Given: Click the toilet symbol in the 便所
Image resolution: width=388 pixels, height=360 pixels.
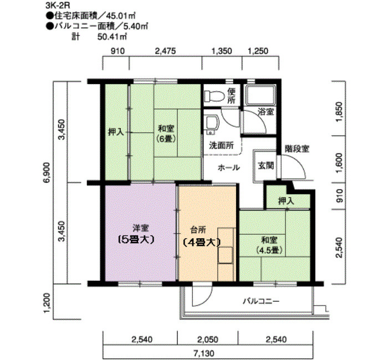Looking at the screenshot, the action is coord(214,96).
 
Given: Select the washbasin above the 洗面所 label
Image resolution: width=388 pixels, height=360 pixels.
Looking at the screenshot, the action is coord(212,124).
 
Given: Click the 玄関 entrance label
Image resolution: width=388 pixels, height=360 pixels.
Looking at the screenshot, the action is coord(266,166).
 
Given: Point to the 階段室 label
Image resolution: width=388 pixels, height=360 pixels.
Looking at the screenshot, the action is coord(297,148).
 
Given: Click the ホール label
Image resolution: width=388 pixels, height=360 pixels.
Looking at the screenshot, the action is coord(228,168).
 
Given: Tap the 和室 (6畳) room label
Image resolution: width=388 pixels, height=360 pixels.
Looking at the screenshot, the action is coord(166,134).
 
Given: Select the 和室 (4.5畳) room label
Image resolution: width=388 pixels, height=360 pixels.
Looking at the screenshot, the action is coord(269,245).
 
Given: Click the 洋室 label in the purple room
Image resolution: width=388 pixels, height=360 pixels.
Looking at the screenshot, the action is coord(141,228).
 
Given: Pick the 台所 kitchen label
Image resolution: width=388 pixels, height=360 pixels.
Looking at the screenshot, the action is coord(198,230).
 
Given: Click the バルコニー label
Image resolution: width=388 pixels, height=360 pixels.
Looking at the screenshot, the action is coord(261,301).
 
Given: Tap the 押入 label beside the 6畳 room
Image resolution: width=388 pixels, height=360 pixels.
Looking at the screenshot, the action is coord(115,132).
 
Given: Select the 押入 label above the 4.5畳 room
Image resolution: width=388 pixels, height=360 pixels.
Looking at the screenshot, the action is coord(286,200).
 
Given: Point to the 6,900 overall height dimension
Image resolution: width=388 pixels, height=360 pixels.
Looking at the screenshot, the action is coord(47,172).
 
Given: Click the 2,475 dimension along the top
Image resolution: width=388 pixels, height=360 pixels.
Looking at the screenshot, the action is coord(165,51).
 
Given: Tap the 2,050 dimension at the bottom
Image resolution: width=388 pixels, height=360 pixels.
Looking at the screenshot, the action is coord(208,339).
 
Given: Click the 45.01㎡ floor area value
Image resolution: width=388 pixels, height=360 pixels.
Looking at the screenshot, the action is coord(121,16).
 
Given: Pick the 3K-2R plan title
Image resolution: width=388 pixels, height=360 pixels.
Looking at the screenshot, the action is coord(56,6).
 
